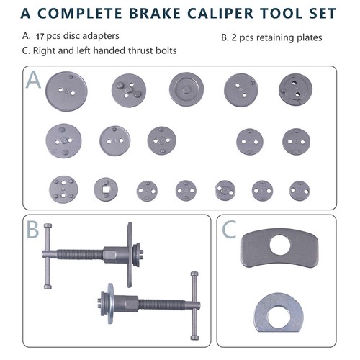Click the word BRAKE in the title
coord(149,13)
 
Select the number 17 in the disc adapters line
coord(40,35)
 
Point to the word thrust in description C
coord(140,50)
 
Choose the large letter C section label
coord(228,230)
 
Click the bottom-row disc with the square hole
coord(107,189)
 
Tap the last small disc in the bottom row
coord(300,190)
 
